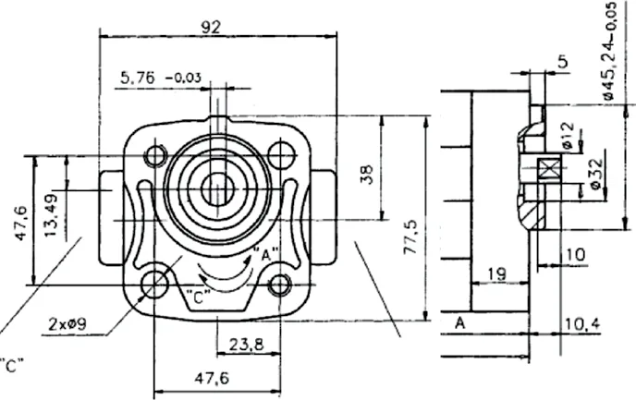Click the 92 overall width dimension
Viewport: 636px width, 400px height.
211,27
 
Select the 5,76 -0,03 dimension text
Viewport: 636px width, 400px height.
161,78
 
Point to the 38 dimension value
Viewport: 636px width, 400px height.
367,175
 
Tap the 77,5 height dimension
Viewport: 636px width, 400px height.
410,237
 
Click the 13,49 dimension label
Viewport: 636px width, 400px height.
52,216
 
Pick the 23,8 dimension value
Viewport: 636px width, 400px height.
247,345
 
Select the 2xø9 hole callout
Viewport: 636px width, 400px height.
67,324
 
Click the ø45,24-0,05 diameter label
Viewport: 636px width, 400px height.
609,52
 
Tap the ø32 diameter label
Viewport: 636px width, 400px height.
595,175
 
